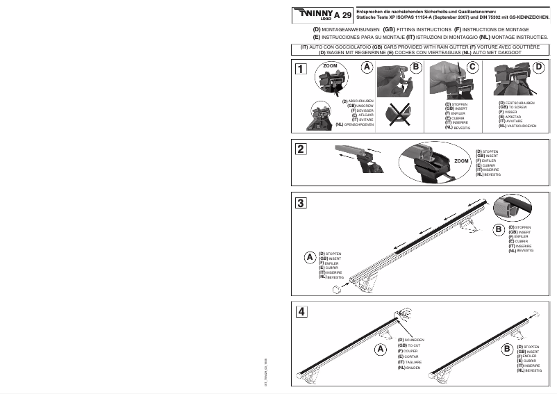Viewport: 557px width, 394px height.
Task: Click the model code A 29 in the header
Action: [342, 15]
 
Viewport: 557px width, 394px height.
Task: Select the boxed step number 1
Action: [299, 69]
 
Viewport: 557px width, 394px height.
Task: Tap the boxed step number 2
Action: [299, 149]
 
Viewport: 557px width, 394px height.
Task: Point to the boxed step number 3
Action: [299, 204]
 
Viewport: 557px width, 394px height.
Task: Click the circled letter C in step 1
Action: [473, 67]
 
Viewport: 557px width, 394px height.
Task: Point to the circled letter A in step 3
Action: [309, 257]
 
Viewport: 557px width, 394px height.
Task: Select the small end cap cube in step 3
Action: [337, 288]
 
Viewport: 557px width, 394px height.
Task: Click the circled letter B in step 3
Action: [499, 229]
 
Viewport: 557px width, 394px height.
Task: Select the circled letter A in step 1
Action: [367, 67]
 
